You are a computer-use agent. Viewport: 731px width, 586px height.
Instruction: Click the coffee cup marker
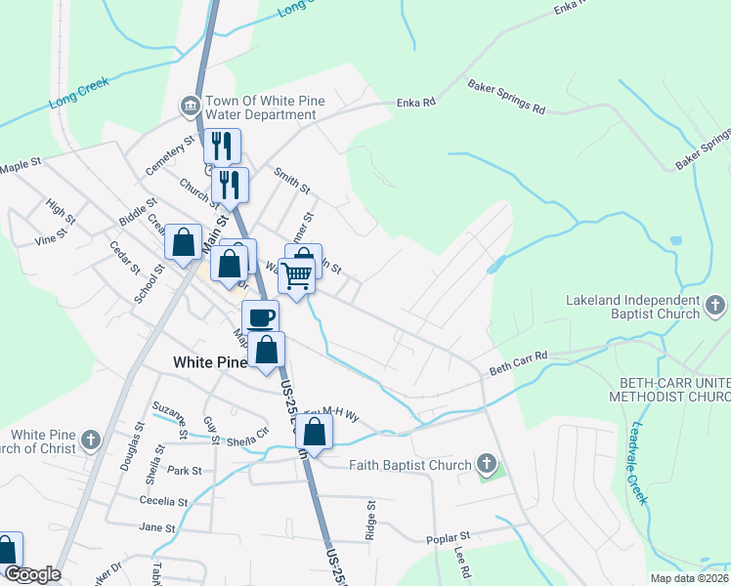point(261,318)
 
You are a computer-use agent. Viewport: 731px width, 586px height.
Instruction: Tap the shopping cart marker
point(296,275)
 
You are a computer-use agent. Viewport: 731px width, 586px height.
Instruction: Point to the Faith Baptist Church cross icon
point(487,466)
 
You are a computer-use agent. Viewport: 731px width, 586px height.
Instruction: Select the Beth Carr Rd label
point(518,363)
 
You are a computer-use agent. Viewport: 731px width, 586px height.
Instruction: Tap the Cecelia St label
point(163,501)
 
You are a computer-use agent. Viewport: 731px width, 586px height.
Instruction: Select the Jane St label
point(156,527)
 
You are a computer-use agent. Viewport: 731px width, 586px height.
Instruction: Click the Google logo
point(32,574)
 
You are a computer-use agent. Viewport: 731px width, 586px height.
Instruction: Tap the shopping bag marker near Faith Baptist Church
point(315,432)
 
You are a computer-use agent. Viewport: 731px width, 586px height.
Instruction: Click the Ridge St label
point(370,520)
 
